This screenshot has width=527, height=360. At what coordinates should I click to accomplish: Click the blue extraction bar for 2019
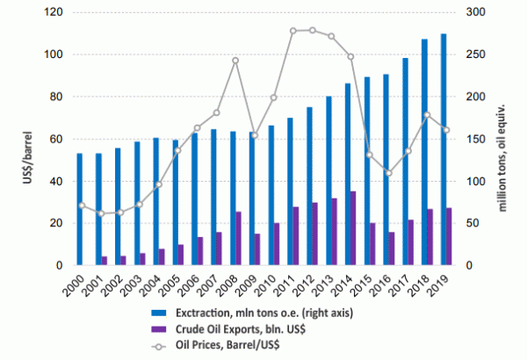tap(443, 149)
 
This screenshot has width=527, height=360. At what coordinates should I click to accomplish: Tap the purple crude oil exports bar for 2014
tap(353, 228)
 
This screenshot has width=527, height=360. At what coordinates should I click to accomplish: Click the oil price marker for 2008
tap(235, 61)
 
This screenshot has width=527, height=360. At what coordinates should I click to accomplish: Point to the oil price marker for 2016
tap(388, 173)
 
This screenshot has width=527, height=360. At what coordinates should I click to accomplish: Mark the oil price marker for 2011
tap(292, 31)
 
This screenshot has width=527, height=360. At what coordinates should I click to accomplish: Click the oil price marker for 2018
tap(426, 115)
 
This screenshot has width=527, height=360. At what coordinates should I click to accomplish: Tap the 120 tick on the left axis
tap(55, 12)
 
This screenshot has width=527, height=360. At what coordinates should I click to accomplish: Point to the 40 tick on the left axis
tap(58, 181)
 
